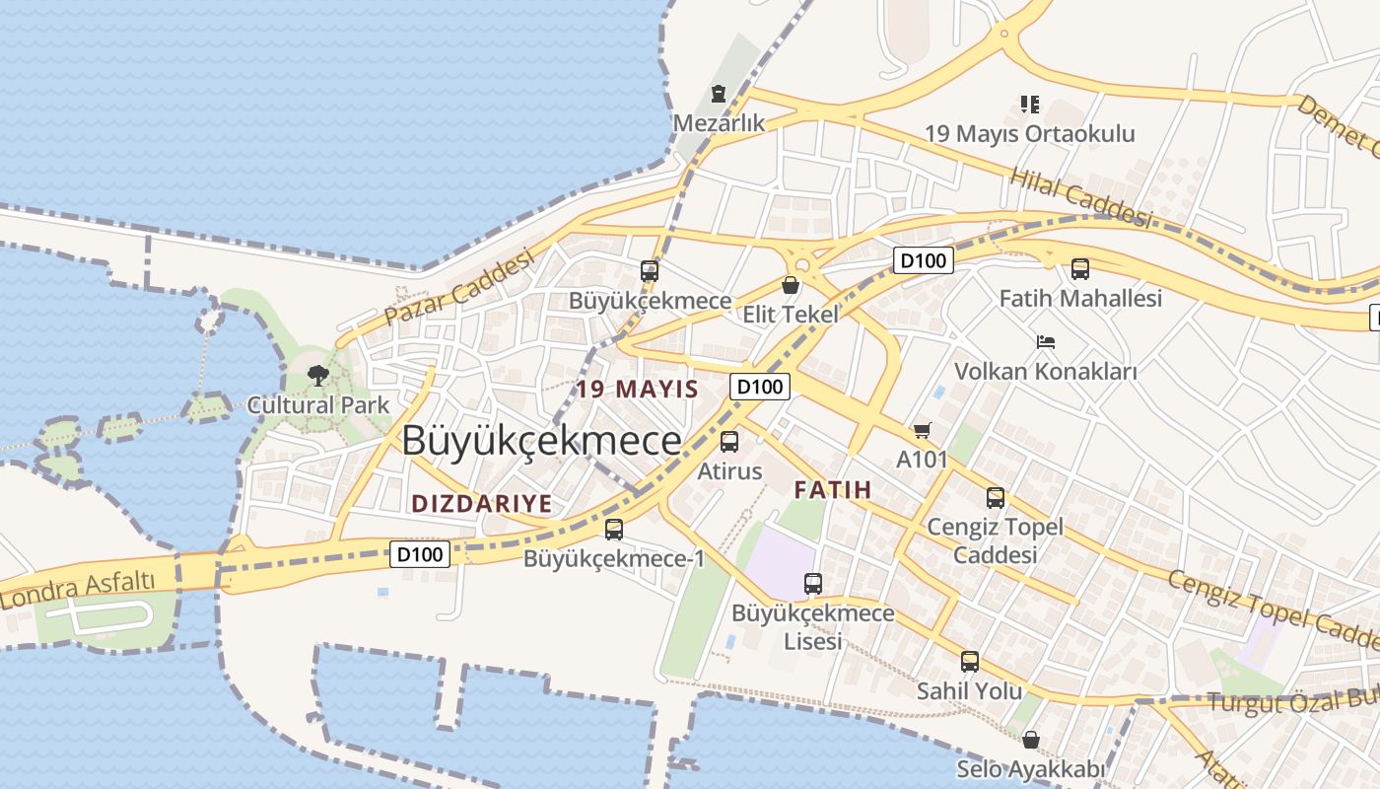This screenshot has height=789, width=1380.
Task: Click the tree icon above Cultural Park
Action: pos(317,375)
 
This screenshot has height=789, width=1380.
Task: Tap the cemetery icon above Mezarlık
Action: pos(719,95)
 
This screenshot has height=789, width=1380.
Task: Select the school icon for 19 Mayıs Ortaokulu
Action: pos(1029,105)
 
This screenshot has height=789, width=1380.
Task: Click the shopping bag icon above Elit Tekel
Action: pos(790,286)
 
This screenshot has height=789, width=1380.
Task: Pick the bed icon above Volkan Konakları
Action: pos(1046,342)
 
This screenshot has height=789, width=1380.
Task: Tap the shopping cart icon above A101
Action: pos(922,430)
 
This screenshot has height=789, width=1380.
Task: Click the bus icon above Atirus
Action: pos(729,442)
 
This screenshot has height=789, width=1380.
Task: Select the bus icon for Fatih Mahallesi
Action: pos(1080,268)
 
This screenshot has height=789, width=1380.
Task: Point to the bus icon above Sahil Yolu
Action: pos(970,662)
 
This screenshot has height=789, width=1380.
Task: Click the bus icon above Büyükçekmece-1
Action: pos(614,530)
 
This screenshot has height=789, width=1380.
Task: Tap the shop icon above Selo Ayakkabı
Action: pos(1031,739)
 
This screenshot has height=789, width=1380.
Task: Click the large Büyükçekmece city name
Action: pos(541,440)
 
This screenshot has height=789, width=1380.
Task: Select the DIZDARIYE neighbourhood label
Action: pos(482,504)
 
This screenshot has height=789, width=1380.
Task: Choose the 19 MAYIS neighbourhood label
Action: pos(638,389)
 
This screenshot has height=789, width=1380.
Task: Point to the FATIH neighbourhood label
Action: pos(833,489)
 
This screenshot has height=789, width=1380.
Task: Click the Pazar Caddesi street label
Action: pos(459,287)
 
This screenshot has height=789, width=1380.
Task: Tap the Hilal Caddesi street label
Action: pos(1081,196)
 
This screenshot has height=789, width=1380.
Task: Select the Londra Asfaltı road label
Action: pos(79,588)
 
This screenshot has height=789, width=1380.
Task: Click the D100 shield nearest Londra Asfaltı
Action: pos(421,554)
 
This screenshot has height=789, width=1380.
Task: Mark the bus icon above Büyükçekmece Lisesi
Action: pos(813,584)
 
